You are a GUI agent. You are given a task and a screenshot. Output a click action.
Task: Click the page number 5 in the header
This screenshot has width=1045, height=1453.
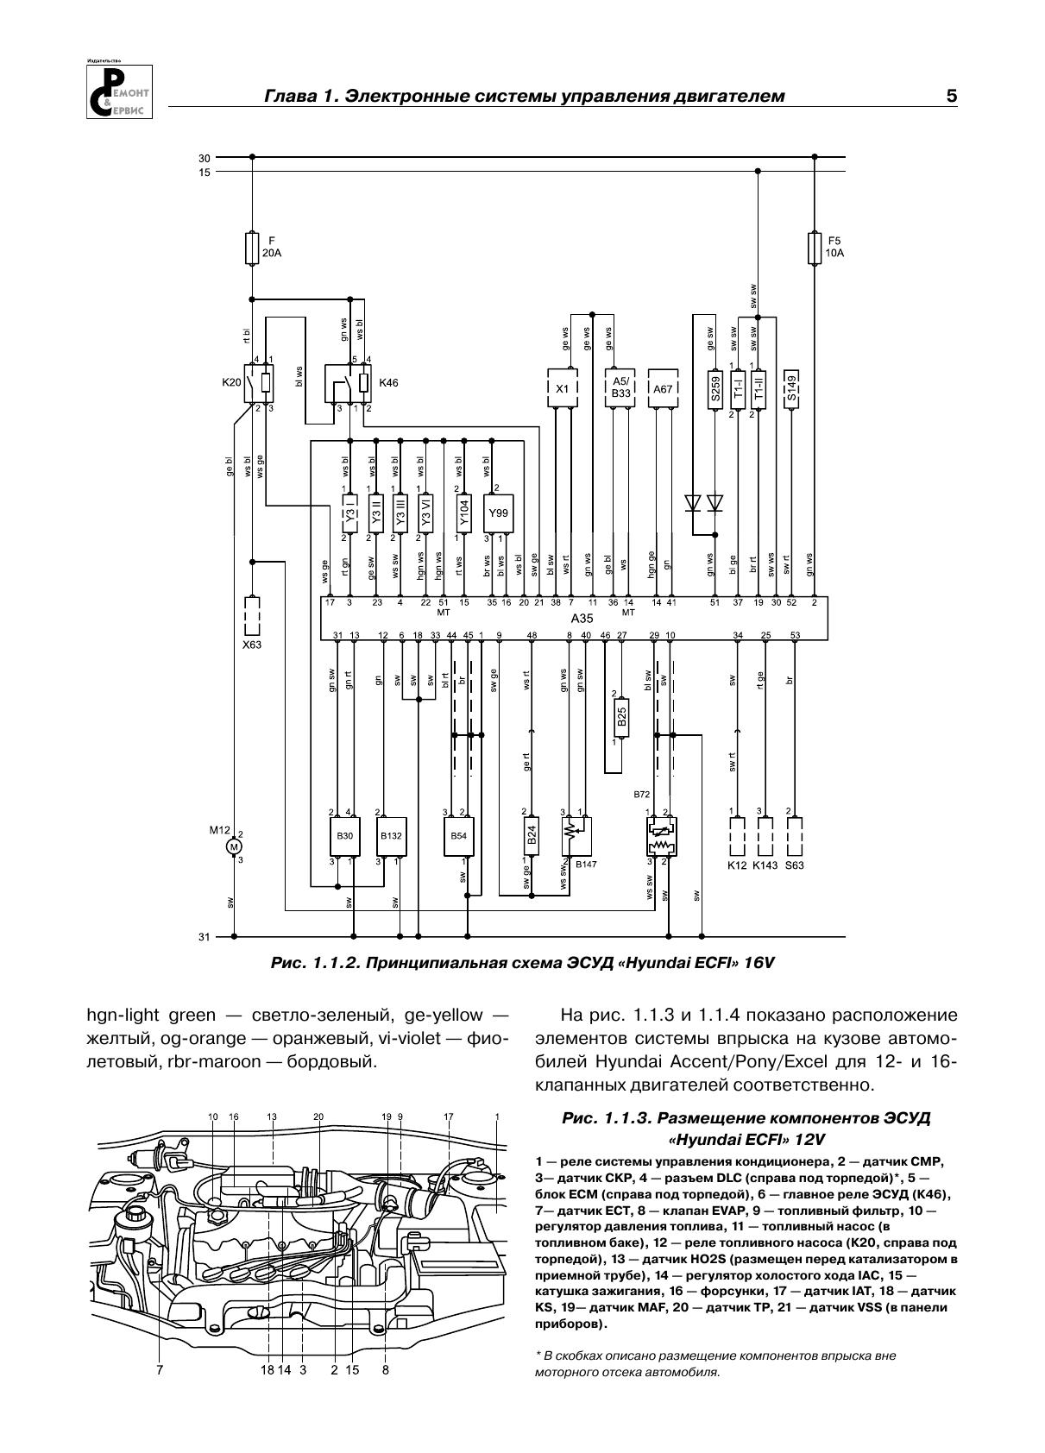coord(951,96)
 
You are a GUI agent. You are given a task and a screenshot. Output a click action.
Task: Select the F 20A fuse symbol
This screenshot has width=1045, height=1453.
coord(252,247)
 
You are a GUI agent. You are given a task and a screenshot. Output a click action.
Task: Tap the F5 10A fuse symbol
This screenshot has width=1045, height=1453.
coord(814,247)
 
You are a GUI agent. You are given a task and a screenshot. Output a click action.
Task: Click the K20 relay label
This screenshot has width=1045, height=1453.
coord(231,381)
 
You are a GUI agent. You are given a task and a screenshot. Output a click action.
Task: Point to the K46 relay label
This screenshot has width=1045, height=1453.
coord(388,381)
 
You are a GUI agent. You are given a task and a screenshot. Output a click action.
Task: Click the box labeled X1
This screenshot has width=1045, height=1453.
coord(562,389)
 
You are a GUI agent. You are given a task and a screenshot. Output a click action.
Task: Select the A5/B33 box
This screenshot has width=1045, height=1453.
coord(621,388)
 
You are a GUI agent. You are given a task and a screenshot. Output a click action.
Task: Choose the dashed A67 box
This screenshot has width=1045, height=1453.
coord(662,389)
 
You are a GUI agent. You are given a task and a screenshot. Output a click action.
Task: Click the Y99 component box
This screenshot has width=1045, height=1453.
coord(498,513)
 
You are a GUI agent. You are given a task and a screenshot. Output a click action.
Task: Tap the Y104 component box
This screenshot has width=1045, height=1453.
coord(463,513)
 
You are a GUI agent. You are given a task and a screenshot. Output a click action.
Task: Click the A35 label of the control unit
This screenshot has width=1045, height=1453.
coord(582,619)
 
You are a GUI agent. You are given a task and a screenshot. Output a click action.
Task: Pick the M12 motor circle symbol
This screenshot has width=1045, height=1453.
coord(234,846)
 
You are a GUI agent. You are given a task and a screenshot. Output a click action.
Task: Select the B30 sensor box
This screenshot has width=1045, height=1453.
coord(344,836)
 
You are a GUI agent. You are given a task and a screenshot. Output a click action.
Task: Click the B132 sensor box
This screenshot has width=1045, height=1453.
coord(391,836)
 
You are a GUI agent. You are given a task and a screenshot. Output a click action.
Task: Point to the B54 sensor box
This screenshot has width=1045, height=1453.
coord(458,836)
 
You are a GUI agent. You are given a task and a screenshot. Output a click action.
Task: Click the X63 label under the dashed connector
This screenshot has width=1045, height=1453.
coord(251,644)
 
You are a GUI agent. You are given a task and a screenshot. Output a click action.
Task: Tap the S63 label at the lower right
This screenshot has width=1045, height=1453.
coord(794,865)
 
